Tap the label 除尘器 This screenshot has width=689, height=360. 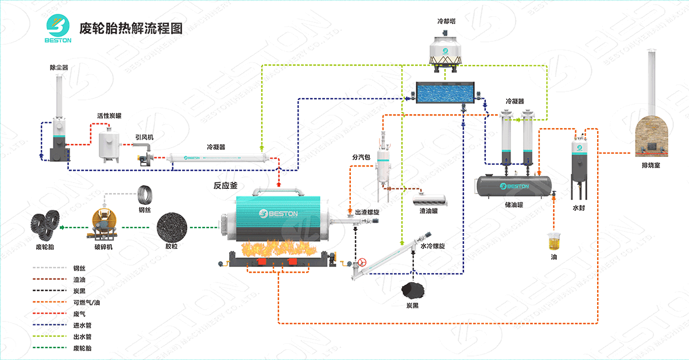[59, 68]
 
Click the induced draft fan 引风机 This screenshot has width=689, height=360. [144, 157]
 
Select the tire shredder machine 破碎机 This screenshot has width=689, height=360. [103, 224]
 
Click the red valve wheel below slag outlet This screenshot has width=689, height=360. [362, 264]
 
